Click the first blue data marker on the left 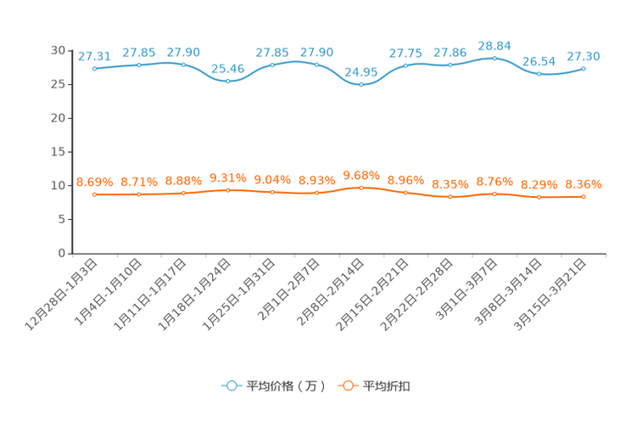click(95, 68)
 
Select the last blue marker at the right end click(584, 68)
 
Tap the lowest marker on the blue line click(361, 84)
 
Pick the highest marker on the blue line click(494, 58)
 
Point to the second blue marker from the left click(139, 65)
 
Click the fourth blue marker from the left click(228, 81)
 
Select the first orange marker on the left click(95, 194)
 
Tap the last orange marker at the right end click(584, 196)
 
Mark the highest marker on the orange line click(361, 187)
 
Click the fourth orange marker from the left click(228, 189)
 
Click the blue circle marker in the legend click(230, 386)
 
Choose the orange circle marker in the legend click(348, 386)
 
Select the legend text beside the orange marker click(388, 386)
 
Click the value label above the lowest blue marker click(361, 70)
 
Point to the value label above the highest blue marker click(494, 44)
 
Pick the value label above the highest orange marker click(361, 174)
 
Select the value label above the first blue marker click(95, 55)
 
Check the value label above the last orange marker click(584, 183)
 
